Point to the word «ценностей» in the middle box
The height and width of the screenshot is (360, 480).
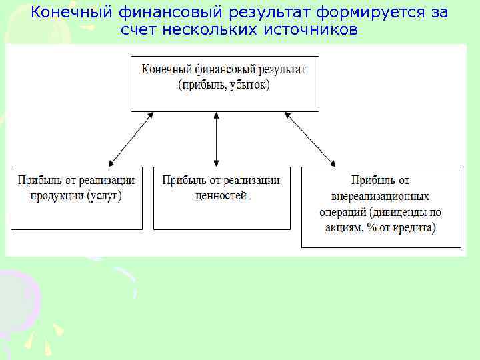[221, 196]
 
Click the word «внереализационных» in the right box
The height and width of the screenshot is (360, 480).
[380, 197]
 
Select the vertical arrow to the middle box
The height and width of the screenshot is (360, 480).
[216, 139]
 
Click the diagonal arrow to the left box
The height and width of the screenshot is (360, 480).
[131, 139]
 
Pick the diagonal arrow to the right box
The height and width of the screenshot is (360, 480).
[310, 139]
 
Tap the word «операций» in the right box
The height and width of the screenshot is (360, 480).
[342, 213]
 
